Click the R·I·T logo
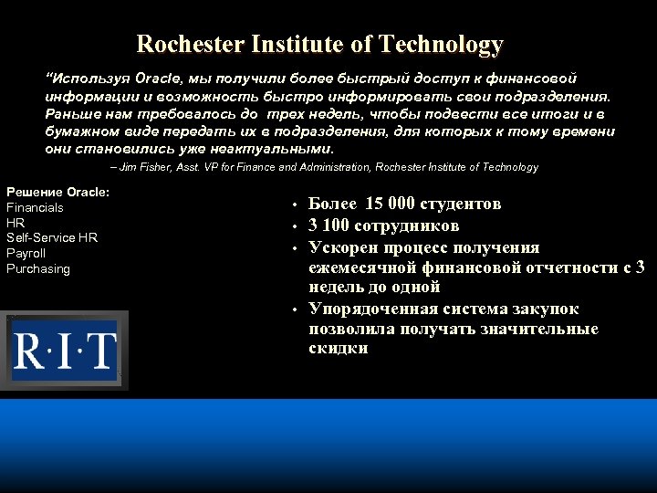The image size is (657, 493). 64,351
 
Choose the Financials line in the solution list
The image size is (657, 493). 35,207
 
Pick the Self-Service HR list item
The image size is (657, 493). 52,237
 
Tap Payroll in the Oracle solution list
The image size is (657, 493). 26,253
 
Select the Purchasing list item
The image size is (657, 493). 38,268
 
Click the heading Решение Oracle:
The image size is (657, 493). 58,192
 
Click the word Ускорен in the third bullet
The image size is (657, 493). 345,247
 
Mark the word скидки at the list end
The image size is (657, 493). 339,348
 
